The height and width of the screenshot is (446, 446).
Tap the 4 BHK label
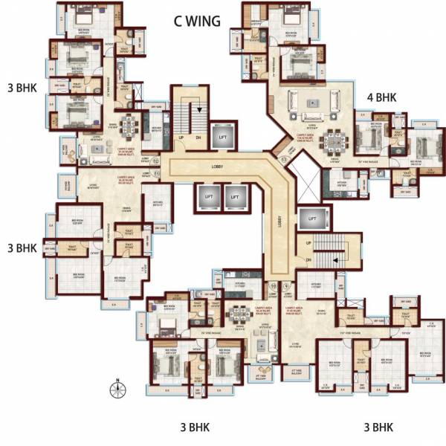[x=381, y=97]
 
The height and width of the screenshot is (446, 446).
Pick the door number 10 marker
[x=273, y=285]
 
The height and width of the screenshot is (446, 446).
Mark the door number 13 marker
[x=282, y=160]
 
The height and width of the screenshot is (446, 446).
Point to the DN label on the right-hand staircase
[x=308, y=259]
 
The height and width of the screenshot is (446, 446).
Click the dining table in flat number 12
[x=132, y=123]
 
